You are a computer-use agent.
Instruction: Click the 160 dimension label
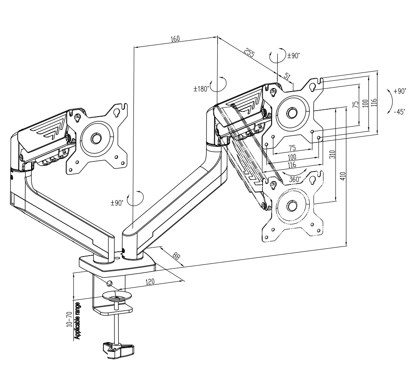175,39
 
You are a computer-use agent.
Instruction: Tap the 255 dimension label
249,53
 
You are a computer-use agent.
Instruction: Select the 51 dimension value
288,76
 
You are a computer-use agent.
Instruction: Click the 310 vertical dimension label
333,154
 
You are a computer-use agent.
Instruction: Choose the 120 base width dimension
150,282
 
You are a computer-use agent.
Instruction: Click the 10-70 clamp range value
70,319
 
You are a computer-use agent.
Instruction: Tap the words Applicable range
77,320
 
